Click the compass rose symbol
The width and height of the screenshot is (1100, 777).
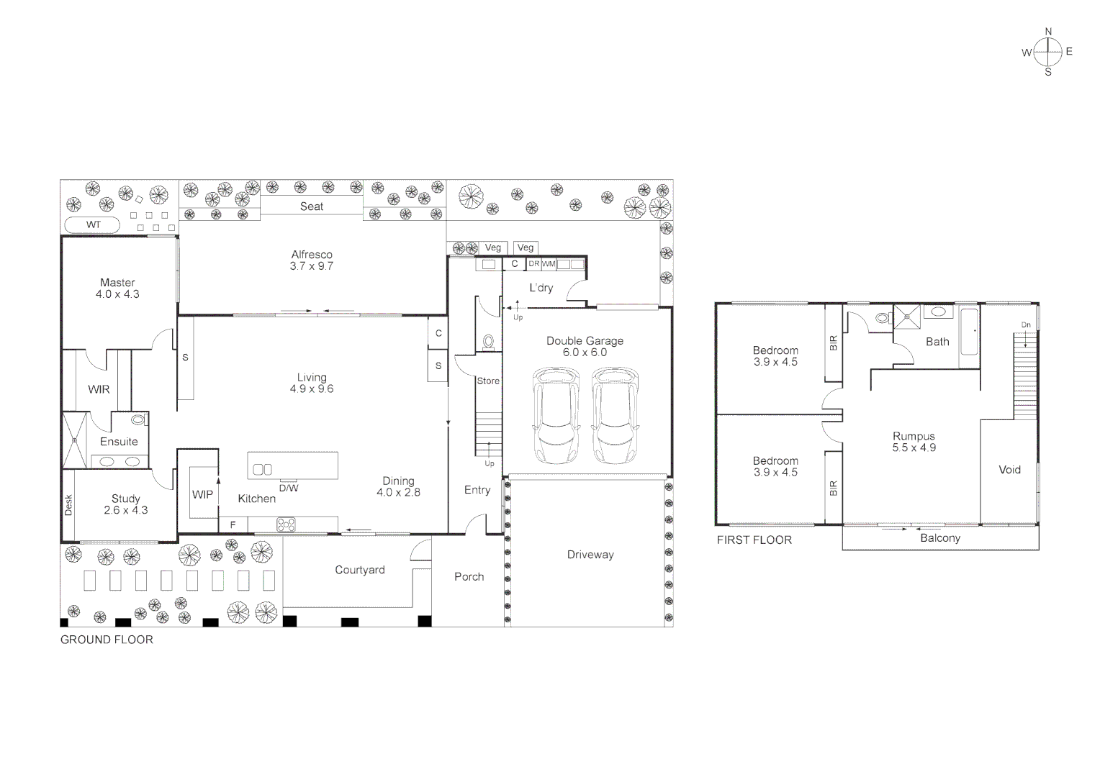(1048, 52)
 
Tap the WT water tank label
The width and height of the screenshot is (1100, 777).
(94, 225)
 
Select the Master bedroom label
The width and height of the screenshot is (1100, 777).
(117, 283)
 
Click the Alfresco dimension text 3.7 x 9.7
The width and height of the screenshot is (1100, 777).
(312, 266)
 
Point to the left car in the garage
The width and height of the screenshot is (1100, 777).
(556, 417)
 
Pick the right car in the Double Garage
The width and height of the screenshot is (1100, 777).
(615, 417)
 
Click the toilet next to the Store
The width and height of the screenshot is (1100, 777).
(488, 342)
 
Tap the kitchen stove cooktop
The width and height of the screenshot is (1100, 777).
(286, 524)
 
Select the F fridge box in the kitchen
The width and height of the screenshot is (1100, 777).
(233, 525)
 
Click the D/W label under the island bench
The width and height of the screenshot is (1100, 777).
(289, 489)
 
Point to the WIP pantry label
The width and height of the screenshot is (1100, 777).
(202, 494)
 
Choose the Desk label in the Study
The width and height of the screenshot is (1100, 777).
(69, 505)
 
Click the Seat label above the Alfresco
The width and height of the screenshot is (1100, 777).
(312, 206)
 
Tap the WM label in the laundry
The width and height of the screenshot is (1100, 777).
(549, 264)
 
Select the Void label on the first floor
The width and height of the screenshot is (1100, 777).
(1009, 470)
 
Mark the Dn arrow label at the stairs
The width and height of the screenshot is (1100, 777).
(1026, 325)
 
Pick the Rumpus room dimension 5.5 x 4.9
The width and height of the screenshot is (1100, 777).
(914, 447)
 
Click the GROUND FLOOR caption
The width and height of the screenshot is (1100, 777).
(107, 640)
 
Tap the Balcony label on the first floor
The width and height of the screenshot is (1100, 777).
(939, 538)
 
